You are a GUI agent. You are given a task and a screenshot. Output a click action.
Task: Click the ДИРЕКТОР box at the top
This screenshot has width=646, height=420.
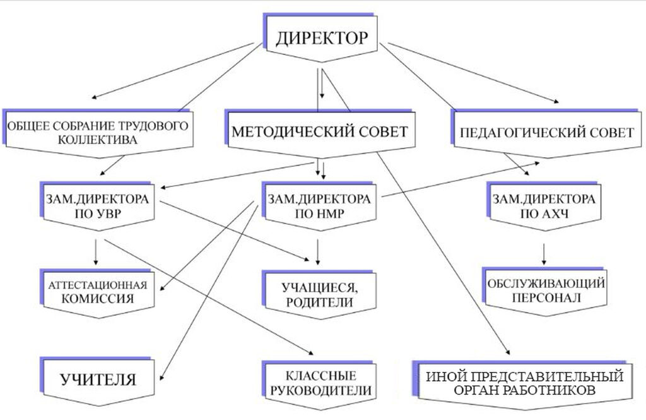320,38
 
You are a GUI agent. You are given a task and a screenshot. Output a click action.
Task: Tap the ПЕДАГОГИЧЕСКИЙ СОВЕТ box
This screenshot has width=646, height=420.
546,133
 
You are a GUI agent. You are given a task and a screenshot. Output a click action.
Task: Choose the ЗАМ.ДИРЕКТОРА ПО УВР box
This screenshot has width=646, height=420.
97,205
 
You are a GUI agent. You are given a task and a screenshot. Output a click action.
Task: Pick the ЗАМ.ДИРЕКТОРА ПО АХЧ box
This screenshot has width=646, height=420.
543,205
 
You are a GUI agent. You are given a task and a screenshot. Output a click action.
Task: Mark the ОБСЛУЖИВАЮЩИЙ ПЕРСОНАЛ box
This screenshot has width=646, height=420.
546,290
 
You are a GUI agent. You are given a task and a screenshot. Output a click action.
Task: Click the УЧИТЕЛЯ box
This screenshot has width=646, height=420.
98,380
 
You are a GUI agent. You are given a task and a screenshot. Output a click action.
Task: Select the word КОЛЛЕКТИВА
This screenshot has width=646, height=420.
97,140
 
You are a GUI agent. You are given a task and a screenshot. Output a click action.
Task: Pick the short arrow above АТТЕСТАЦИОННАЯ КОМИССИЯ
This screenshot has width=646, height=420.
95,251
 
